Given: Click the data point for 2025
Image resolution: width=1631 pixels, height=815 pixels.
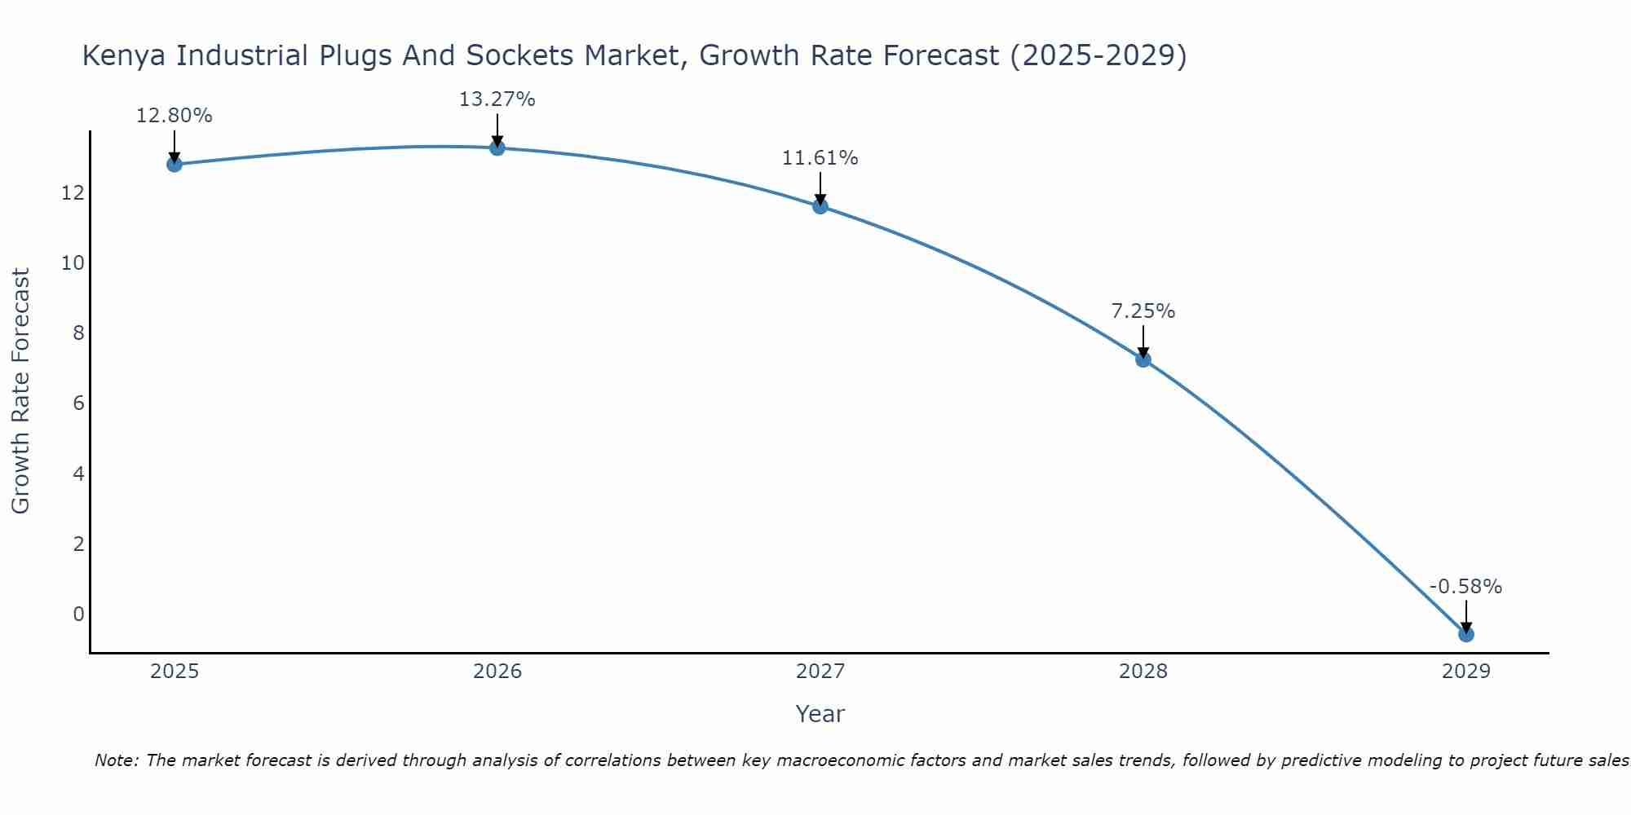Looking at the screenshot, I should coord(175,165).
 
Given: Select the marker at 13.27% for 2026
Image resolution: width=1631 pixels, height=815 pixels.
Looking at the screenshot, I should coord(497,148).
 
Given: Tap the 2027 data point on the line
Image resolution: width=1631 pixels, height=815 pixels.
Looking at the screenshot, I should coord(820,206).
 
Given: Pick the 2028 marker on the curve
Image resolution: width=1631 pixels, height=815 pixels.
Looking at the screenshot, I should coord(1143,359).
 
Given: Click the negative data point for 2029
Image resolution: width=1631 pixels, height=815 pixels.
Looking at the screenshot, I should coord(1466,634).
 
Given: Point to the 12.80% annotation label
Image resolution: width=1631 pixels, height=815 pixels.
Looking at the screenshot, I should coord(174,116).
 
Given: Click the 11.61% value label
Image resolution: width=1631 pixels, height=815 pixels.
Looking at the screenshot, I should coord(820,158).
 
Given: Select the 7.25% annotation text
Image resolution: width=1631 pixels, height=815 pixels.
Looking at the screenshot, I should coord(1143,311).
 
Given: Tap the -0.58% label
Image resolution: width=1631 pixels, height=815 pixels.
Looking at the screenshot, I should coord(1465,587).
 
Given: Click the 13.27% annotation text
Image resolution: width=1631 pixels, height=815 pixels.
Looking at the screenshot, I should coord(497,99).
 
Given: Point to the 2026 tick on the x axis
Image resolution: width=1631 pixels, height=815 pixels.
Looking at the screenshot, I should coord(497,672).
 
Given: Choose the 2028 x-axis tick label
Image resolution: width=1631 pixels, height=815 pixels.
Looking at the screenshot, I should coord(1143,672).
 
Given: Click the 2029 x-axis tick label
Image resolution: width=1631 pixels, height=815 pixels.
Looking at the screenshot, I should coord(1466,672).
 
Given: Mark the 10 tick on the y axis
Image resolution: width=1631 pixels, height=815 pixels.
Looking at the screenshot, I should coord(73,263).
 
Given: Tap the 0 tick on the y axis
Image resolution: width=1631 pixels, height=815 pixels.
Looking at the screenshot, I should coord(78,615).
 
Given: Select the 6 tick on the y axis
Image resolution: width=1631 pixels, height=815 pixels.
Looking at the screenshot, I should coord(78,403).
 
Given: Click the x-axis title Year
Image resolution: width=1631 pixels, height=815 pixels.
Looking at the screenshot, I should coord(820,714).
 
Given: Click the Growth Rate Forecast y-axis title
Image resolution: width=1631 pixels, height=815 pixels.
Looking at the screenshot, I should coord(20,391).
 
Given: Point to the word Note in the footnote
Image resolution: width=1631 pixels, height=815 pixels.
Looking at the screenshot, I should coord(117,760).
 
